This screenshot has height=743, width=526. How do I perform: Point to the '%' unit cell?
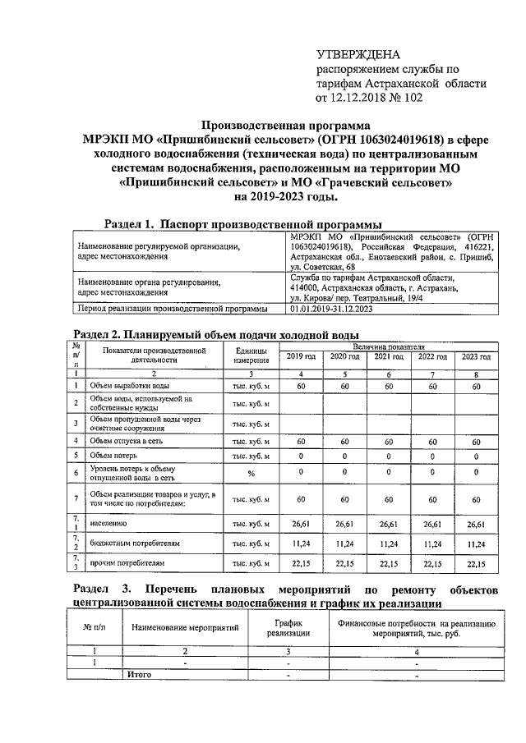[251, 473]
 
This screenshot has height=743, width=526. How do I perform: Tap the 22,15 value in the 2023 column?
[476, 563]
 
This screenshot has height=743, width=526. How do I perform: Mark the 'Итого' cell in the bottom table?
[139, 674]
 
